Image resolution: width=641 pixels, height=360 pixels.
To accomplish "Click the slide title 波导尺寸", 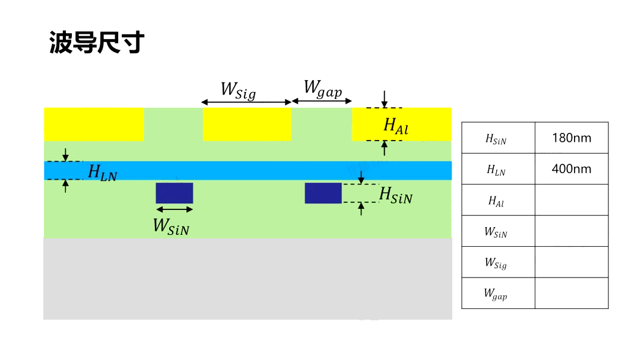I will [x=97, y=43].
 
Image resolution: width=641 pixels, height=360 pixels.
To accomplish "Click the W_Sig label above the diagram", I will [x=238, y=91].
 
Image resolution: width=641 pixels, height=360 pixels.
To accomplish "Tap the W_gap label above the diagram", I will [x=322, y=89].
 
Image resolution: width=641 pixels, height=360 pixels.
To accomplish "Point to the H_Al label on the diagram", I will [x=396, y=125].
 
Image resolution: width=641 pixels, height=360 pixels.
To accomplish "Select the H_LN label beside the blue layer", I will [x=102, y=173].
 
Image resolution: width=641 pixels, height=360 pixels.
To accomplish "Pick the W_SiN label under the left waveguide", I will [x=171, y=226].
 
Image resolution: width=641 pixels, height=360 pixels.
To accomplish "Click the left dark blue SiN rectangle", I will [x=174, y=193].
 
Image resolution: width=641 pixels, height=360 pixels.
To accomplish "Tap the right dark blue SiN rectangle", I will [x=323, y=193].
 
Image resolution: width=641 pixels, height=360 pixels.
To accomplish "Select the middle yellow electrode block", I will [x=247, y=124].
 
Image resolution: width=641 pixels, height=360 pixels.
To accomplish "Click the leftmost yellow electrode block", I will [x=94, y=124].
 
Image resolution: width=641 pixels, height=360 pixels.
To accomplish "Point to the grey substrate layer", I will [x=247, y=278].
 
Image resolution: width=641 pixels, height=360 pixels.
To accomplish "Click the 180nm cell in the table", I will [x=571, y=138].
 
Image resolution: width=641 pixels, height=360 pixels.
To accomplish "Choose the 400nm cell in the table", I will [x=571, y=169].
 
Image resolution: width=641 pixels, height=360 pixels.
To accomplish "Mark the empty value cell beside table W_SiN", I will [x=571, y=231].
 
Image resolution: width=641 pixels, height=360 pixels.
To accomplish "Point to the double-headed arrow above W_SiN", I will [x=174, y=209].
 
